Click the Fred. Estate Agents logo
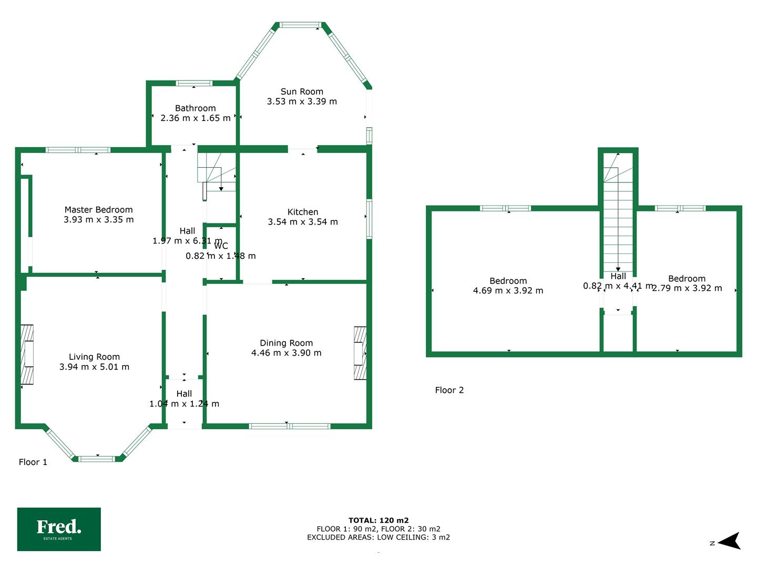59,529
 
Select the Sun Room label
302,92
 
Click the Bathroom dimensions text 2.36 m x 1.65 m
196,118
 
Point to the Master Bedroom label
99,210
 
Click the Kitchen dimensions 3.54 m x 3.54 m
303,222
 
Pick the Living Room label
95,357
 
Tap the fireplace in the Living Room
27,354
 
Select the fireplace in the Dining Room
360,353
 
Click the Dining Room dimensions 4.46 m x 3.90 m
287,353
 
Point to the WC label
221,246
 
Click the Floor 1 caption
33,462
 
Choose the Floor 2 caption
449,390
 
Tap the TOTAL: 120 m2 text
378,521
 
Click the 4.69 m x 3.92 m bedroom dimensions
508,290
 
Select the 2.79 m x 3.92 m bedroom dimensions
687,288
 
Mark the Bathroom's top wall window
194,83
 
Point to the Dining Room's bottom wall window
290,426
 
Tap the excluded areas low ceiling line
378,537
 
